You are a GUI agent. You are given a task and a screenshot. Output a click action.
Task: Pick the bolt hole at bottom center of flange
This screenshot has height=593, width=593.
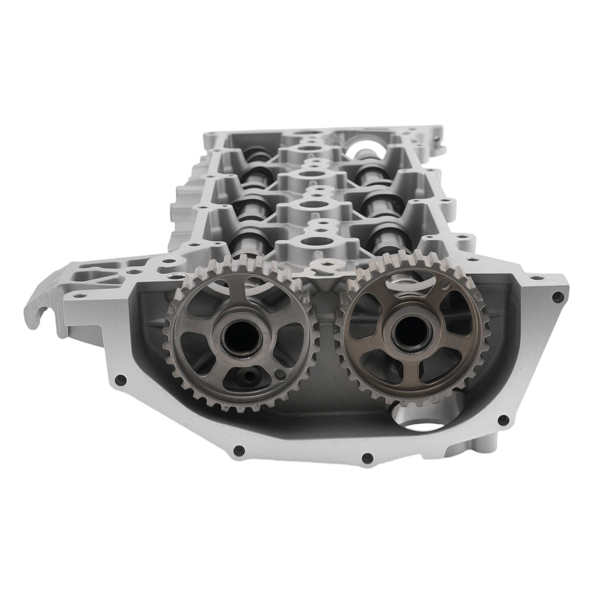366,458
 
